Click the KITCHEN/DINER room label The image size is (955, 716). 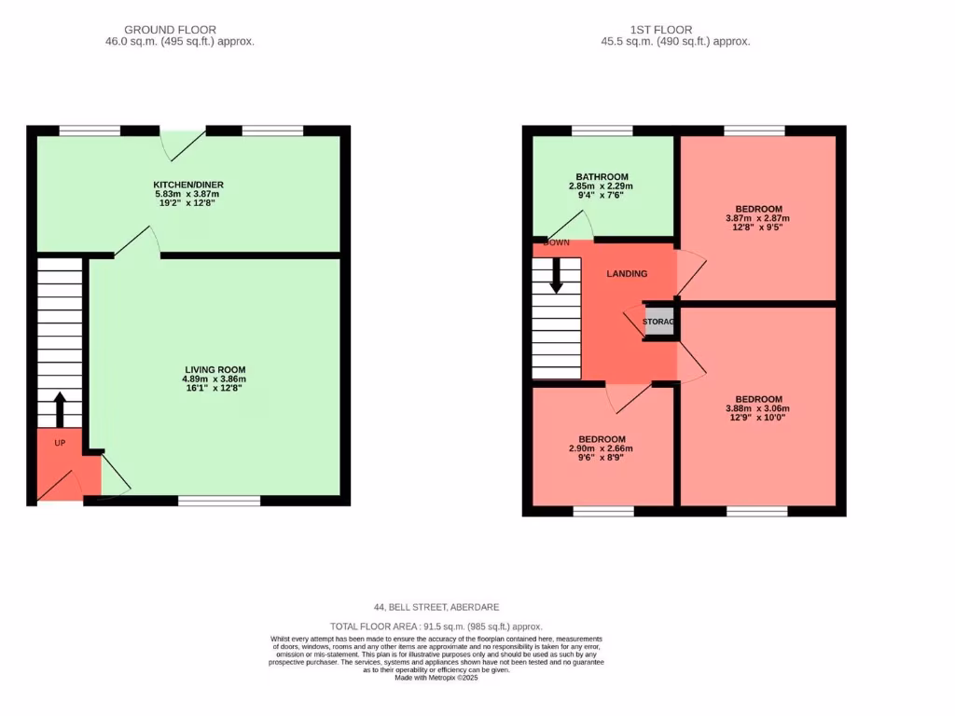pyautogui.click(x=188, y=185)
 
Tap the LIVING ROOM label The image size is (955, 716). pyautogui.click(x=215, y=370)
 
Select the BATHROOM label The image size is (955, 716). pyautogui.click(x=602, y=176)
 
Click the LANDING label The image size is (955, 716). pyautogui.click(x=627, y=273)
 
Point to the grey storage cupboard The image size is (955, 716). pyautogui.click(x=659, y=322)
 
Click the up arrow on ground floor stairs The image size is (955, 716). pyautogui.click(x=59, y=408)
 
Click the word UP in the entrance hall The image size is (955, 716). pyautogui.click(x=60, y=442)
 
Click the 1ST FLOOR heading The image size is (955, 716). pyautogui.click(x=660, y=30)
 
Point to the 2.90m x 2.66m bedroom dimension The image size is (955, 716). pyautogui.click(x=602, y=448)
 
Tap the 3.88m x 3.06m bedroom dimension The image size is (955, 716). pyautogui.click(x=757, y=408)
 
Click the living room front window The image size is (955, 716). pyautogui.click(x=219, y=501)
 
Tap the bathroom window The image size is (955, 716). pyautogui.click(x=602, y=131)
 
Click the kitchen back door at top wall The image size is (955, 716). pyautogui.click(x=183, y=142)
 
